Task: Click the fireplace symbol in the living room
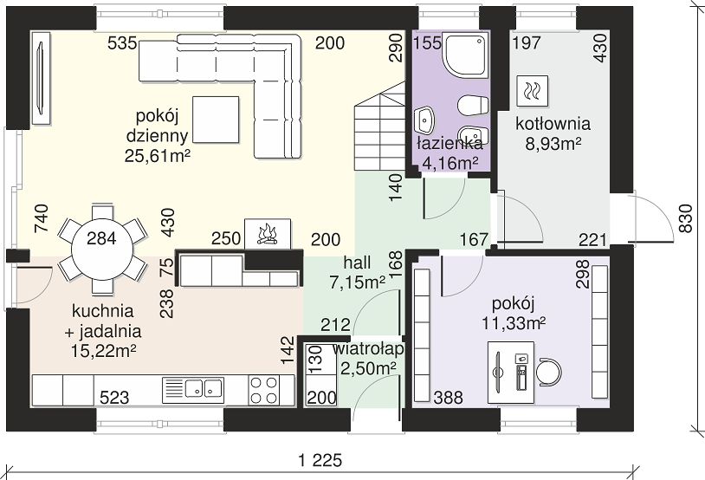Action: click(268, 234)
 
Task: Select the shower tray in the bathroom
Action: click(466, 55)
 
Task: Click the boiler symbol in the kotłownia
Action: click(533, 91)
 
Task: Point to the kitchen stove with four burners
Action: click(264, 390)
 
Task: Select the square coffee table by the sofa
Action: click(216, 120)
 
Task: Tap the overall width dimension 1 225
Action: click(320, 460)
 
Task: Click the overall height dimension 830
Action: click(686, 218)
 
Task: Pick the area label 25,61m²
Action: click(157, 156)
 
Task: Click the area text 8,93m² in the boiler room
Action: click(553, 144)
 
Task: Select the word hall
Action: click(358, 263)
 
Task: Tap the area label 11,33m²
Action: click(514, 322)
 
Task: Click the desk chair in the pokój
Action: click(550, 373)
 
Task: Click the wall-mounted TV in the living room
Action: click(41, 78)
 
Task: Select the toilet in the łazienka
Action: click(473, 105)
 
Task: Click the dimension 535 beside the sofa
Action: click(122, 43)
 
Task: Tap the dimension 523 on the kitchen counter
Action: click(114, 398)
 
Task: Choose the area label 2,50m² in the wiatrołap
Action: click(368, 368)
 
